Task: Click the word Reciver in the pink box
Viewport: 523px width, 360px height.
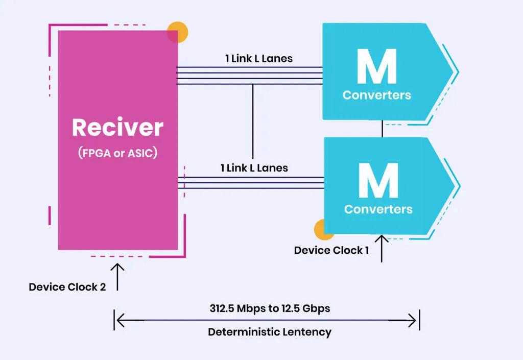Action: click(117, 128)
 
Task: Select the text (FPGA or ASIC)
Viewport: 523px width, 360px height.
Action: click(117, 154)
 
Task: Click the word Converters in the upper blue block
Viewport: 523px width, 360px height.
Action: click(377, 95)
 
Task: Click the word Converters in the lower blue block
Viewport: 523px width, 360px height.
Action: click(378, 209)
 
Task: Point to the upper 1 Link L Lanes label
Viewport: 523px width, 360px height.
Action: click(259, 58)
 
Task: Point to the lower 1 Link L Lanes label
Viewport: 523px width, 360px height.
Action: click(254, 167)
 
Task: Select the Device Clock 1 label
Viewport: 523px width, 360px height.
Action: click(331, 250)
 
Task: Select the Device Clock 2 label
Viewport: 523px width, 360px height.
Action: click(67, 287)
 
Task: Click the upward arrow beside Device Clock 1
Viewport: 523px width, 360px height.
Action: click(382, 247)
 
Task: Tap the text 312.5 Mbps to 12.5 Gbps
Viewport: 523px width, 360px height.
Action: click(270, 308)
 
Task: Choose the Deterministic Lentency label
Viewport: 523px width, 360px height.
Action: click(270, 332)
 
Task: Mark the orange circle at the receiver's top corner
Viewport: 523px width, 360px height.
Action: click(178, 32)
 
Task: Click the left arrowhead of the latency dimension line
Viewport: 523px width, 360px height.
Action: click(120, 321)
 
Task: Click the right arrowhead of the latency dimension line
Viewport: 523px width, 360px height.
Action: click(414, 321)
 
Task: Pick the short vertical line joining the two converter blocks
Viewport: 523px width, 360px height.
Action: click(382, 129)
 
